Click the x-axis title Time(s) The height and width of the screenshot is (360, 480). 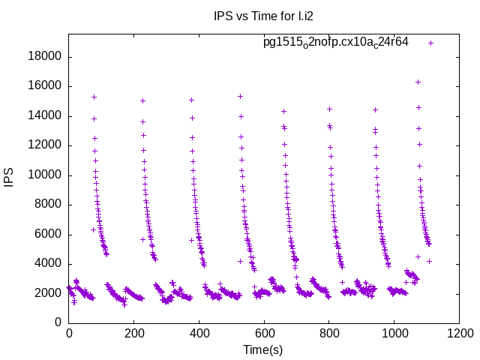click(263, 349)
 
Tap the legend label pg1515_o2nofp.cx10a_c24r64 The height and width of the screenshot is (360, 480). click(335, 42)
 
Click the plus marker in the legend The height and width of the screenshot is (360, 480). click(430, 43)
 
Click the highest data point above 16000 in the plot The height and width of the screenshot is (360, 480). click(418, 82)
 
